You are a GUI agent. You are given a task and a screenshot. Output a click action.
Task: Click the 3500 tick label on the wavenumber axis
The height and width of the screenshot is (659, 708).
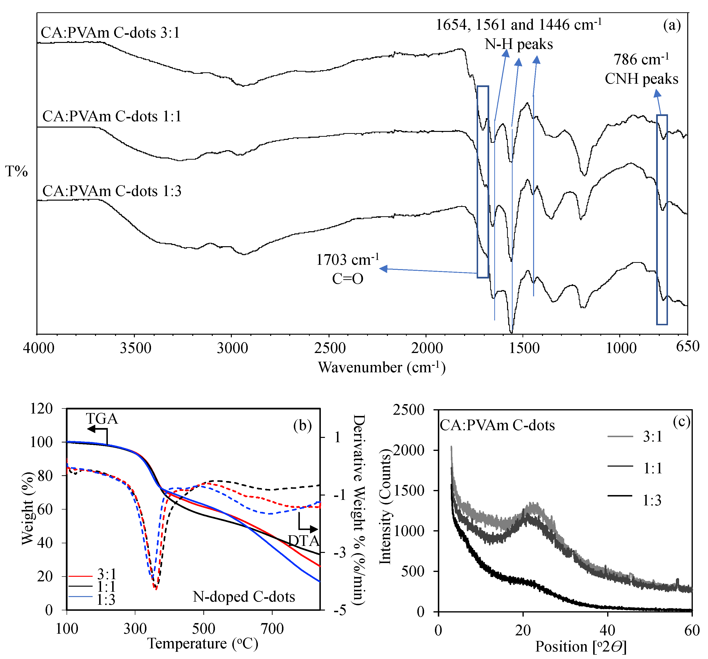coord(135,348)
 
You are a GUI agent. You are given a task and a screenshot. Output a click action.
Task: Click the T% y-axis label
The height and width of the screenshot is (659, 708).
coord(16,172)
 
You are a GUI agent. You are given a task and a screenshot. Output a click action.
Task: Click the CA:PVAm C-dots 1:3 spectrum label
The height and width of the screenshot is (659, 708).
coord(112,191)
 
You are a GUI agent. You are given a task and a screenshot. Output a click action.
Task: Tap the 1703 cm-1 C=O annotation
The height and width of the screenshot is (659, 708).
coord(348,269)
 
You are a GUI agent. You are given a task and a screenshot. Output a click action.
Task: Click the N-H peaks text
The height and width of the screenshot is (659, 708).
coord(519,44)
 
